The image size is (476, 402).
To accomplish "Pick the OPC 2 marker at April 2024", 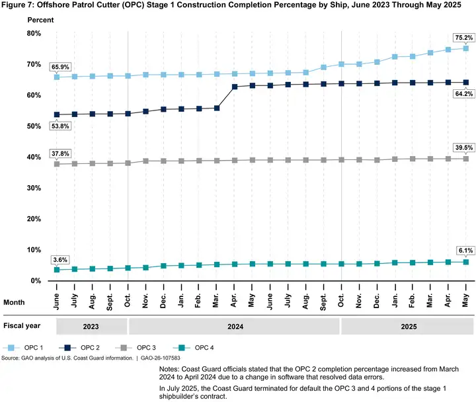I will tap(235, 87).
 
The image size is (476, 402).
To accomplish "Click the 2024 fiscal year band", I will tap(233, 326).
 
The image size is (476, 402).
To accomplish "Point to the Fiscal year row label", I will tap(22, 326).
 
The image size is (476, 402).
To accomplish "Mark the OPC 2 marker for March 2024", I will tap(217, 108).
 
